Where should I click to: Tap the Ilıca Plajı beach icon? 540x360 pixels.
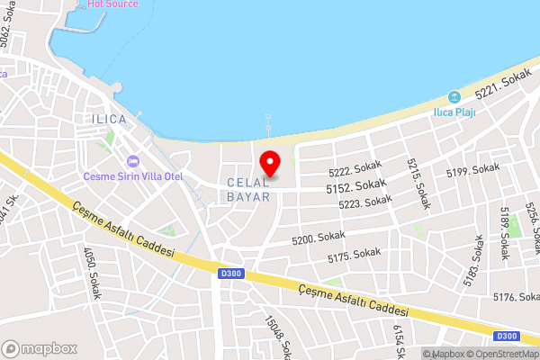454,97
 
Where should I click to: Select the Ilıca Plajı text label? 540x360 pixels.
454,112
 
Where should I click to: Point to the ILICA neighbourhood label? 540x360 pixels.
110,119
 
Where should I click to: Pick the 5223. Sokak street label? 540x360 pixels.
365,204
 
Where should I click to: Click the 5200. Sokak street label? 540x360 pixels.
319,238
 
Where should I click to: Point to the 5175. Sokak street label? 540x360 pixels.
355,256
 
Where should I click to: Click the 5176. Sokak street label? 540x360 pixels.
516,297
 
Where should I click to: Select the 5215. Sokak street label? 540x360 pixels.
417,184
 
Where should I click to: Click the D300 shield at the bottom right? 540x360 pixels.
507,336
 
